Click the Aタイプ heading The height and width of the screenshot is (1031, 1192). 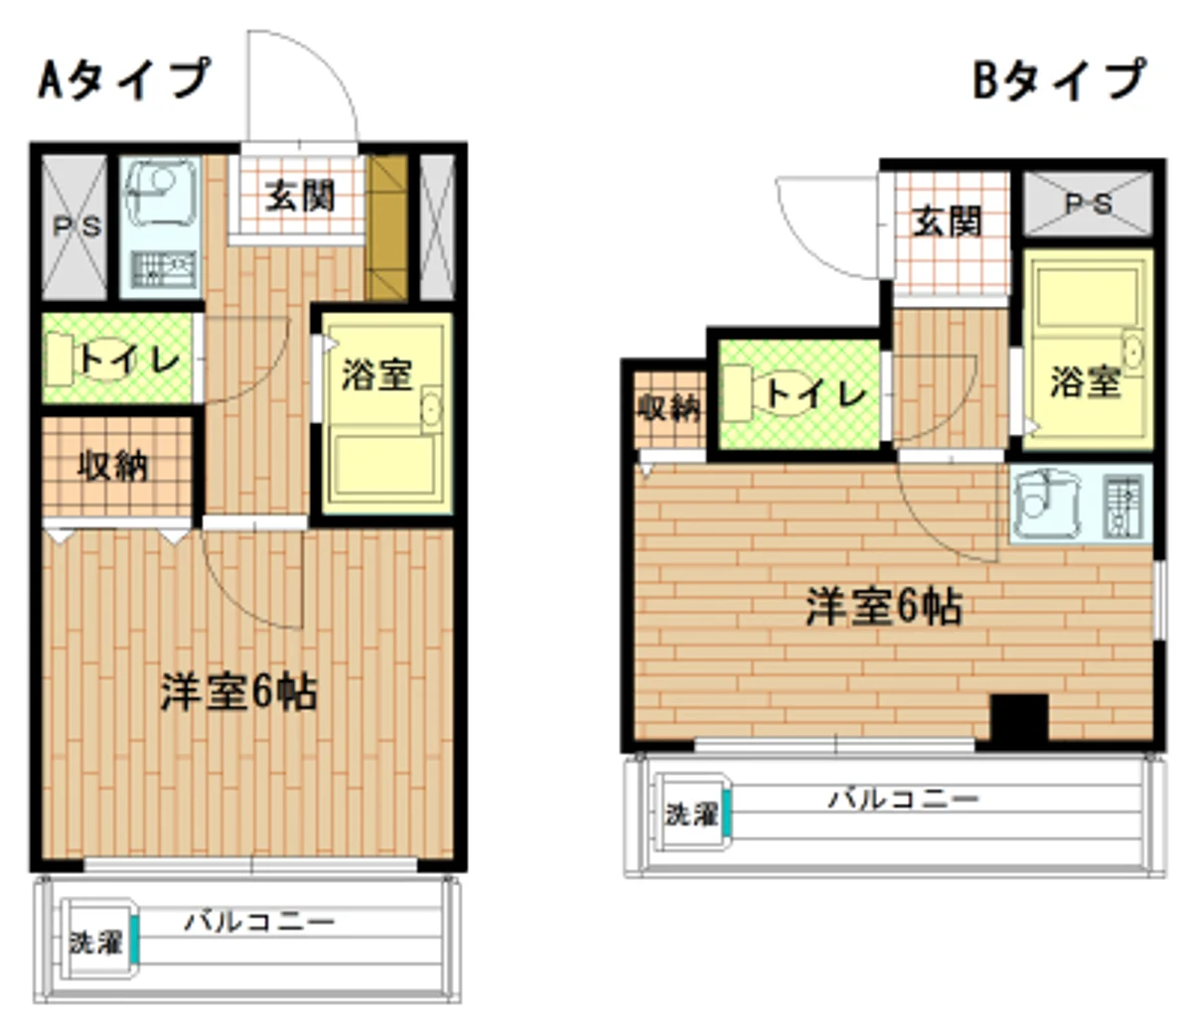[124, 79]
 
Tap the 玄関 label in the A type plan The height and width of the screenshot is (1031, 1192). [300, 196]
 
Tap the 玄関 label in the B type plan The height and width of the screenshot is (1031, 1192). [947, 221]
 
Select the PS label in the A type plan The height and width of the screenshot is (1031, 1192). [77, 226]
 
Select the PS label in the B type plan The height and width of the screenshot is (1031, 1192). [1088, 204]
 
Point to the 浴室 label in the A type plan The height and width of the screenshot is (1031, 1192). [377, 374]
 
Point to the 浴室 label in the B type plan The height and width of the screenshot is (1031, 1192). [1086, 381]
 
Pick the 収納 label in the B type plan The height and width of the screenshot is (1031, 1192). [669, 408]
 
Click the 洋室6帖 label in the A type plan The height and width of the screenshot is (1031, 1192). [238, 692]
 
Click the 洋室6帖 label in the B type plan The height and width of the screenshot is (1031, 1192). [884, 607]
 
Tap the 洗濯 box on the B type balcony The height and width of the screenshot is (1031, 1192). [693, 813]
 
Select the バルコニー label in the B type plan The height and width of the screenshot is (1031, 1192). [904, 800]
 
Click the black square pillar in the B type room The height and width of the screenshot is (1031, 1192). [1019, 717]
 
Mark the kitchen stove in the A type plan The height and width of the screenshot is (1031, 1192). [163, 269]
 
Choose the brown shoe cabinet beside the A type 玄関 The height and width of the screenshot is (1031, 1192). [387, 227]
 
